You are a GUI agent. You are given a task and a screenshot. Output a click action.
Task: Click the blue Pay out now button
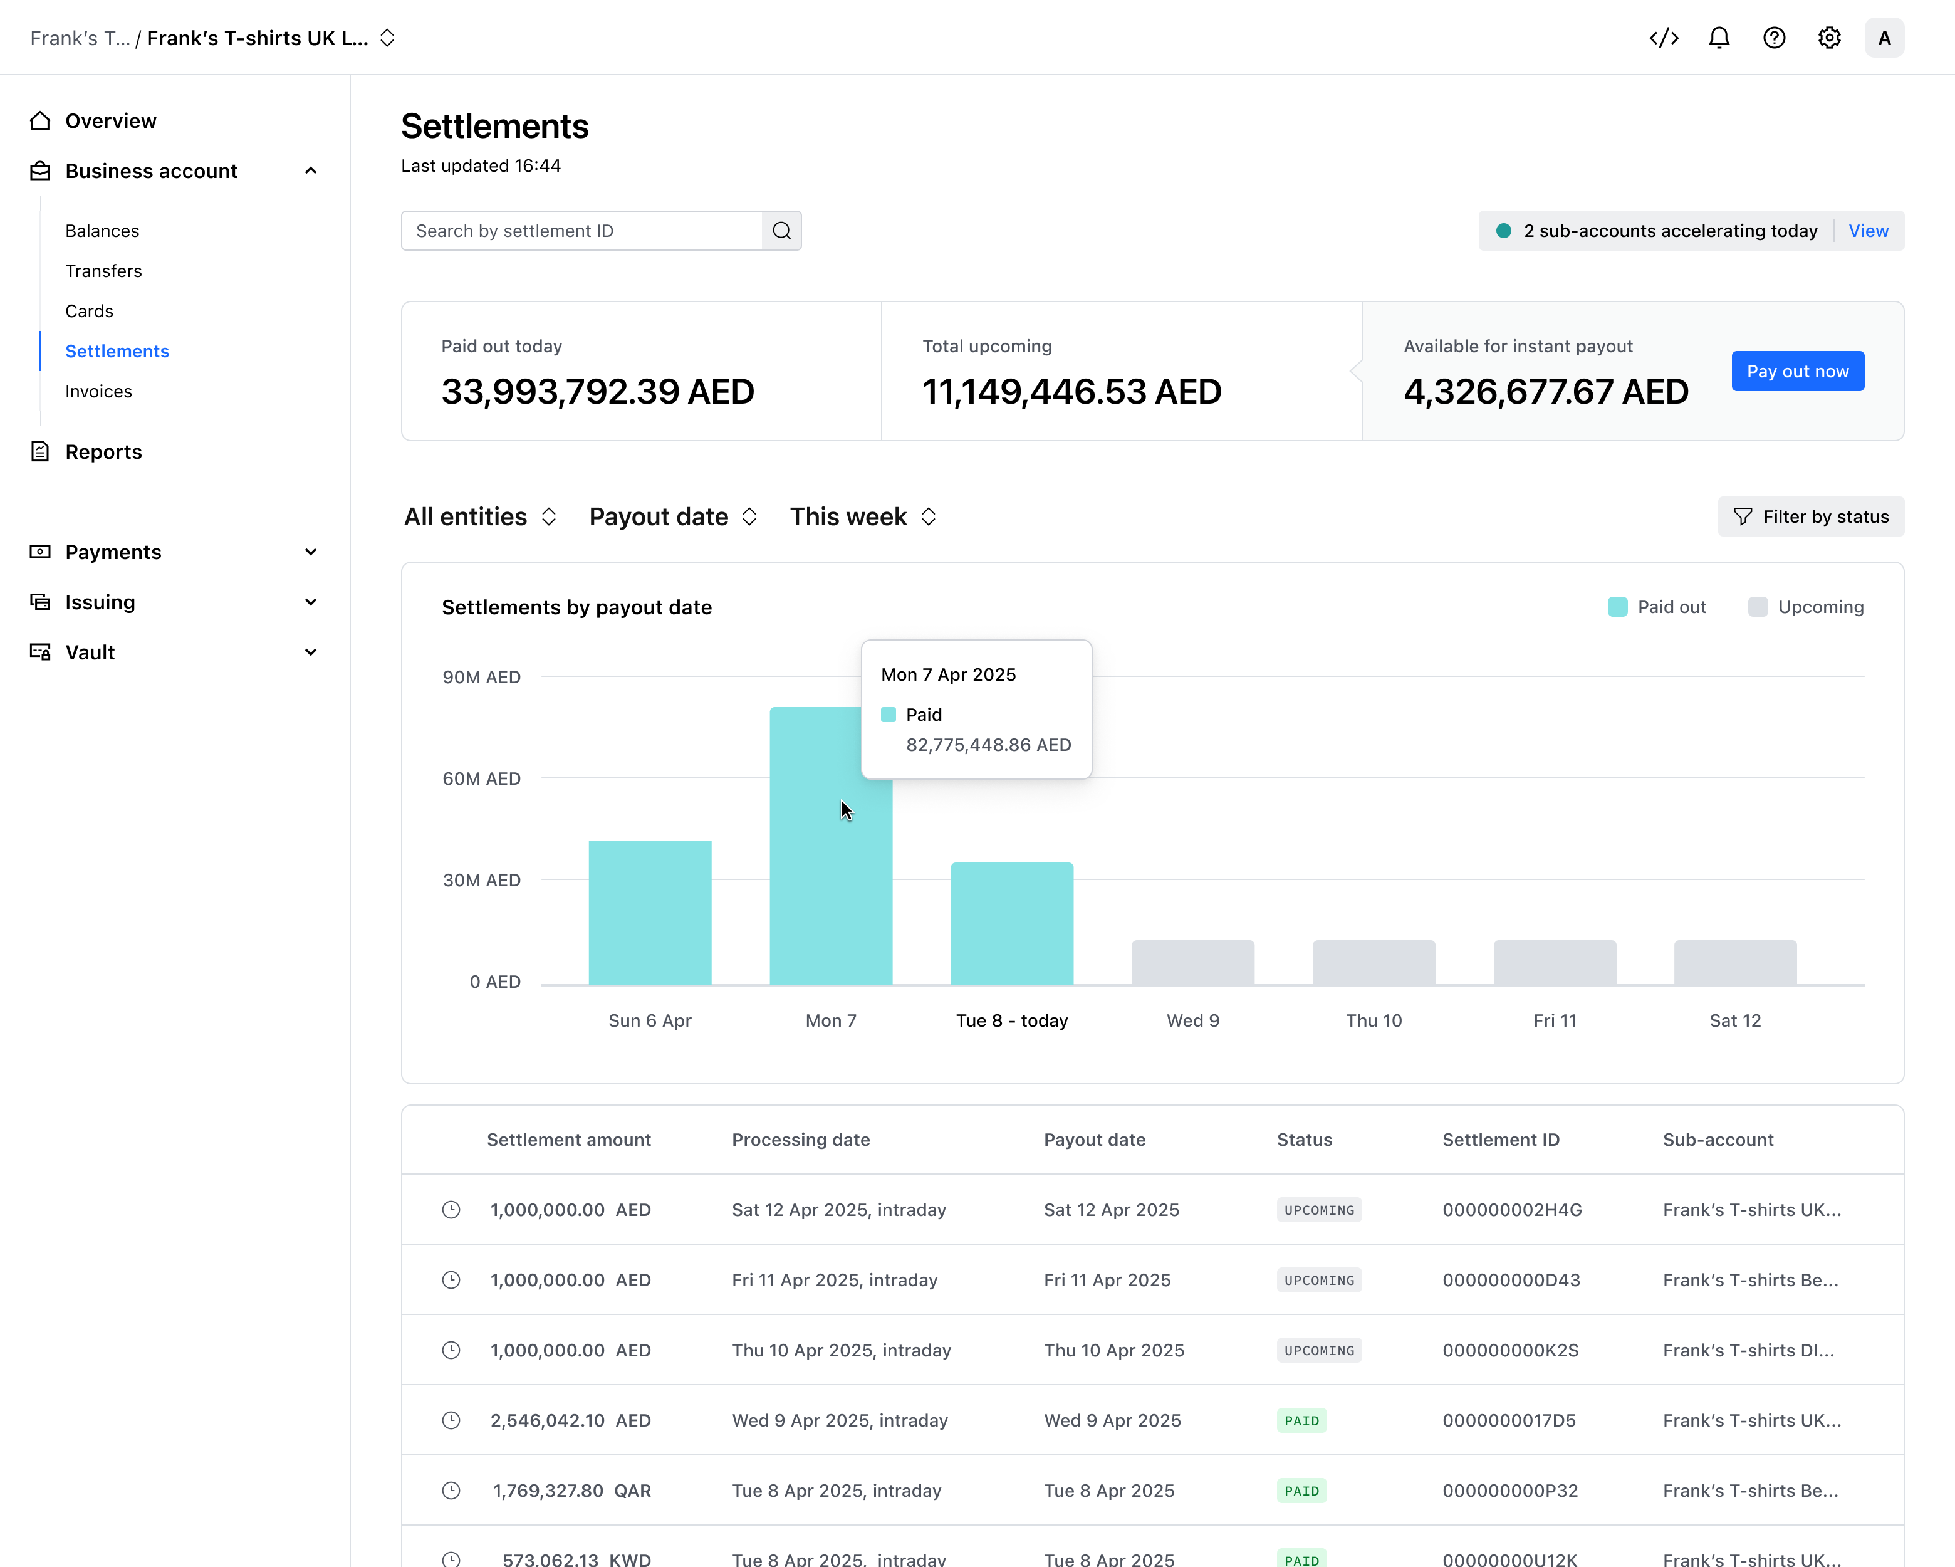coord(1797,371)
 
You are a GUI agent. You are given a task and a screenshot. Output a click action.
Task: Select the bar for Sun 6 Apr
coord(650,912)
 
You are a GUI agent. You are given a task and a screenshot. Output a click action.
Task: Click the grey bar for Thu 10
coord(1374,962)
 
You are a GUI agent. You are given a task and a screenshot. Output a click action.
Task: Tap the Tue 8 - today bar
coord(1012,923)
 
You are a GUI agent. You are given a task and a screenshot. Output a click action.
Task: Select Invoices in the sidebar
coord(99,391)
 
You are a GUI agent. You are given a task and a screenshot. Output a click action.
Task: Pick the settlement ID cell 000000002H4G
coord(1511,1210)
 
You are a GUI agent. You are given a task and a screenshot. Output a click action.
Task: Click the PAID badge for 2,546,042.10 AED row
coord(1301,1420)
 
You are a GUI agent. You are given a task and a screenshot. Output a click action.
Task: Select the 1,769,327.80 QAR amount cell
coord(571,1490)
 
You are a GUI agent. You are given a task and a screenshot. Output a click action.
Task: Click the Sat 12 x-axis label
coord(1734,1020)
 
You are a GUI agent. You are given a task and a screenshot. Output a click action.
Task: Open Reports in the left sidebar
coord(103,451)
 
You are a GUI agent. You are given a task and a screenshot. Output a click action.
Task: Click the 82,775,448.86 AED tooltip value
coord(988,745)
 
